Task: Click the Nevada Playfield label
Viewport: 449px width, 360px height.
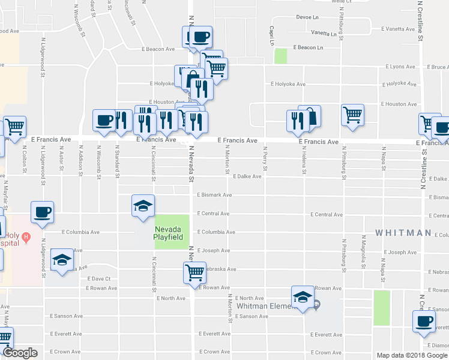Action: (x=172, y=233)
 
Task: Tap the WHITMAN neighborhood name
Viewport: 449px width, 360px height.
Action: (x=403, y=232)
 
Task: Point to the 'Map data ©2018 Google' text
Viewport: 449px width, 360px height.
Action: (x=411, y=355)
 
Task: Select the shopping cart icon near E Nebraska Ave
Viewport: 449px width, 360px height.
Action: (x=194, y=272)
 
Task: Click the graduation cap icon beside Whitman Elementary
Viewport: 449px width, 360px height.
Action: (x=303, y=296)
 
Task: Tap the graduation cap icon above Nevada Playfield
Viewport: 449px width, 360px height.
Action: (x=143, y=206)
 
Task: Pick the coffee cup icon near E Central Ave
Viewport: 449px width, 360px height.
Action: (x=42, y=212)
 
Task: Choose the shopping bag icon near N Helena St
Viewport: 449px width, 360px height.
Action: (x=310, y=116)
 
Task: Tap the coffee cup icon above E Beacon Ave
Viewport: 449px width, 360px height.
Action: (x=200, y=37)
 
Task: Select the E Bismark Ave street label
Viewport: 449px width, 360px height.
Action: (x=214, y=195)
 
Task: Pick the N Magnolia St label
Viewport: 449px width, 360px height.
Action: (x=364, y=252)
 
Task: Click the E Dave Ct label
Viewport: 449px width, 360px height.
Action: (x=99, y=279)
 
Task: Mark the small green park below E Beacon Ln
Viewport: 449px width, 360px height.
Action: (x=280, y=56)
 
